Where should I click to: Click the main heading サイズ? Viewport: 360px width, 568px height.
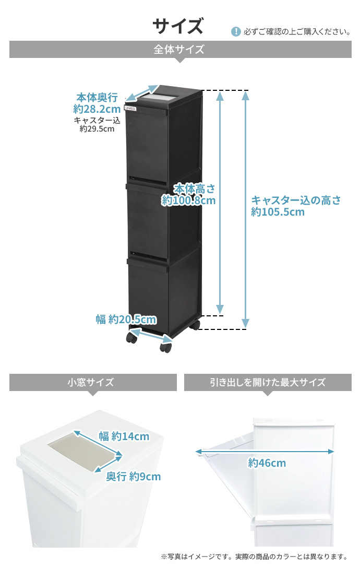pyautogui.click(x=177, y=27)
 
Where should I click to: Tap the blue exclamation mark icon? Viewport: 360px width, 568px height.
pyautogui.click(x=236, y=32)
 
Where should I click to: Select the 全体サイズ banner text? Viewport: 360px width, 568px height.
pyautogui.click(x=179, y=49)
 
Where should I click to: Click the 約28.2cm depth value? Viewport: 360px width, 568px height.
pyautogui.click(x=97, y=109)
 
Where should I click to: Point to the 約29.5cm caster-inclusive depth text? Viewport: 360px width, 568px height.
pyautogui.click(x=97, y=129)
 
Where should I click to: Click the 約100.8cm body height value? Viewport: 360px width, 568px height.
pyautogui.click(x=188, y=200)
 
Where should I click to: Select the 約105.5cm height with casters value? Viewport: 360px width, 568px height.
pyautogui.click(x=278, y=212)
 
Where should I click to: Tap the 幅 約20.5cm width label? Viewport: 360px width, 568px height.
pyautogui.click(x=126, y=319)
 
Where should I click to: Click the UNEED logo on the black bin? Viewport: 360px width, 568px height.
pyautogui.click(x=130, y=108)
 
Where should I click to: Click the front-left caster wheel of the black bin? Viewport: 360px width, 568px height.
pyautogui.click(x=132, y=338)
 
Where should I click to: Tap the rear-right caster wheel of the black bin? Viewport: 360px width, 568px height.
pyautogui.click(x=195, y=325)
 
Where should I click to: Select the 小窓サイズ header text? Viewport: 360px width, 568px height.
pyautogui.click(x=91, y=382)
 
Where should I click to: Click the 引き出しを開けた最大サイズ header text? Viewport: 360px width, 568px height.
pyautogui.click(x=268, y=382)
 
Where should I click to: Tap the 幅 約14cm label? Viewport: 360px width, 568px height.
pyautogui.click(x=124, y=436)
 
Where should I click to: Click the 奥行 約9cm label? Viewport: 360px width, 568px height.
pyautogui.click(x=133, y=477)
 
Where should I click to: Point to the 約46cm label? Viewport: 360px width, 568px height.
pyautogui.click(x=267, y=463)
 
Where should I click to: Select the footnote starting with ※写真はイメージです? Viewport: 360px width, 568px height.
pyautogui.click(x=254, y=557)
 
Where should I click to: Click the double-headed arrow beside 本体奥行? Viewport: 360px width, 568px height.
pyautogui.click(x=142, y=93)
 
